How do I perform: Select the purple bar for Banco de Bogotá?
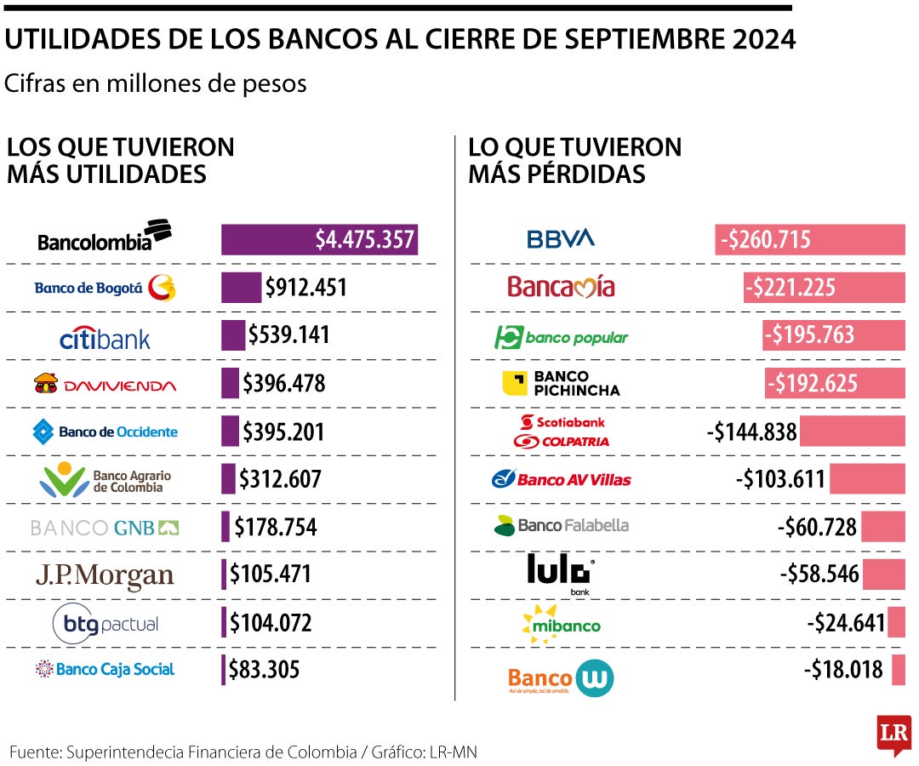[x=241, y=288]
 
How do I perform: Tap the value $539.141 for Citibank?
[x=288, y=335]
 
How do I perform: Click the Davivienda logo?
[x=105, y=385]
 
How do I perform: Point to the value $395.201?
[x=283, y=432]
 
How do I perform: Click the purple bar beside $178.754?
[x=225, y=527]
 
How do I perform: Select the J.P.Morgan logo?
[x=105, y=575]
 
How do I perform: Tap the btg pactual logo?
[x=105, y=624]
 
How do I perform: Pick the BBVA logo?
[x=561, y=239]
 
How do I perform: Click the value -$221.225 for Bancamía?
[x=791, y=288]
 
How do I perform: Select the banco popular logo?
[x=561, y=337]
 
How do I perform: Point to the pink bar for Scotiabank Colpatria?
[x=852, y=432]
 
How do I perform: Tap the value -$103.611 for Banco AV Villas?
[x=780, y=479]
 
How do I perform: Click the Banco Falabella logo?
[x=561, y=525]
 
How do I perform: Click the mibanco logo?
[x=561, y=623]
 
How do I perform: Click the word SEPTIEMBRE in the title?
[x=646, y=39]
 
